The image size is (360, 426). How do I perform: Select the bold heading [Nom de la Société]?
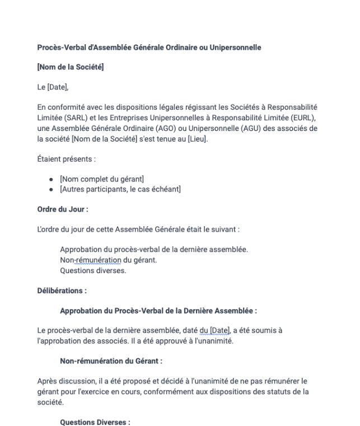(x=71, y=68)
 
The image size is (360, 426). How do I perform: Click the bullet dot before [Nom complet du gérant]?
(x=51, y=179)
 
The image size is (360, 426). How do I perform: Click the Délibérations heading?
(x=62, y=291)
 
